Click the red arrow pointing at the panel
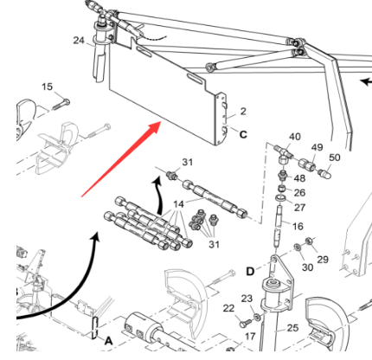(121, 159)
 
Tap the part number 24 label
(79, 41)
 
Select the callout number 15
(48, 87)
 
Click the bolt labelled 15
(61, 105)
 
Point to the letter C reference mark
(243, 134)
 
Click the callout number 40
(294, 137)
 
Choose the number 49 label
(317, 147)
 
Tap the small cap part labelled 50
(325, 174)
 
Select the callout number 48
(299, 178)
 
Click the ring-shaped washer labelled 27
(280, 198)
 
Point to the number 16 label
(298, 226)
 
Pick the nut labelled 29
(309, 241)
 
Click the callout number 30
(307, 267)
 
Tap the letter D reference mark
(250, 272)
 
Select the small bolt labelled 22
(243, 323)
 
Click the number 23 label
(247, 299)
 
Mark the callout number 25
(292, 328)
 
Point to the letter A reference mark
(108, 341)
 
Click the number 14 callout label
(178, 204)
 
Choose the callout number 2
(243, 112)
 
